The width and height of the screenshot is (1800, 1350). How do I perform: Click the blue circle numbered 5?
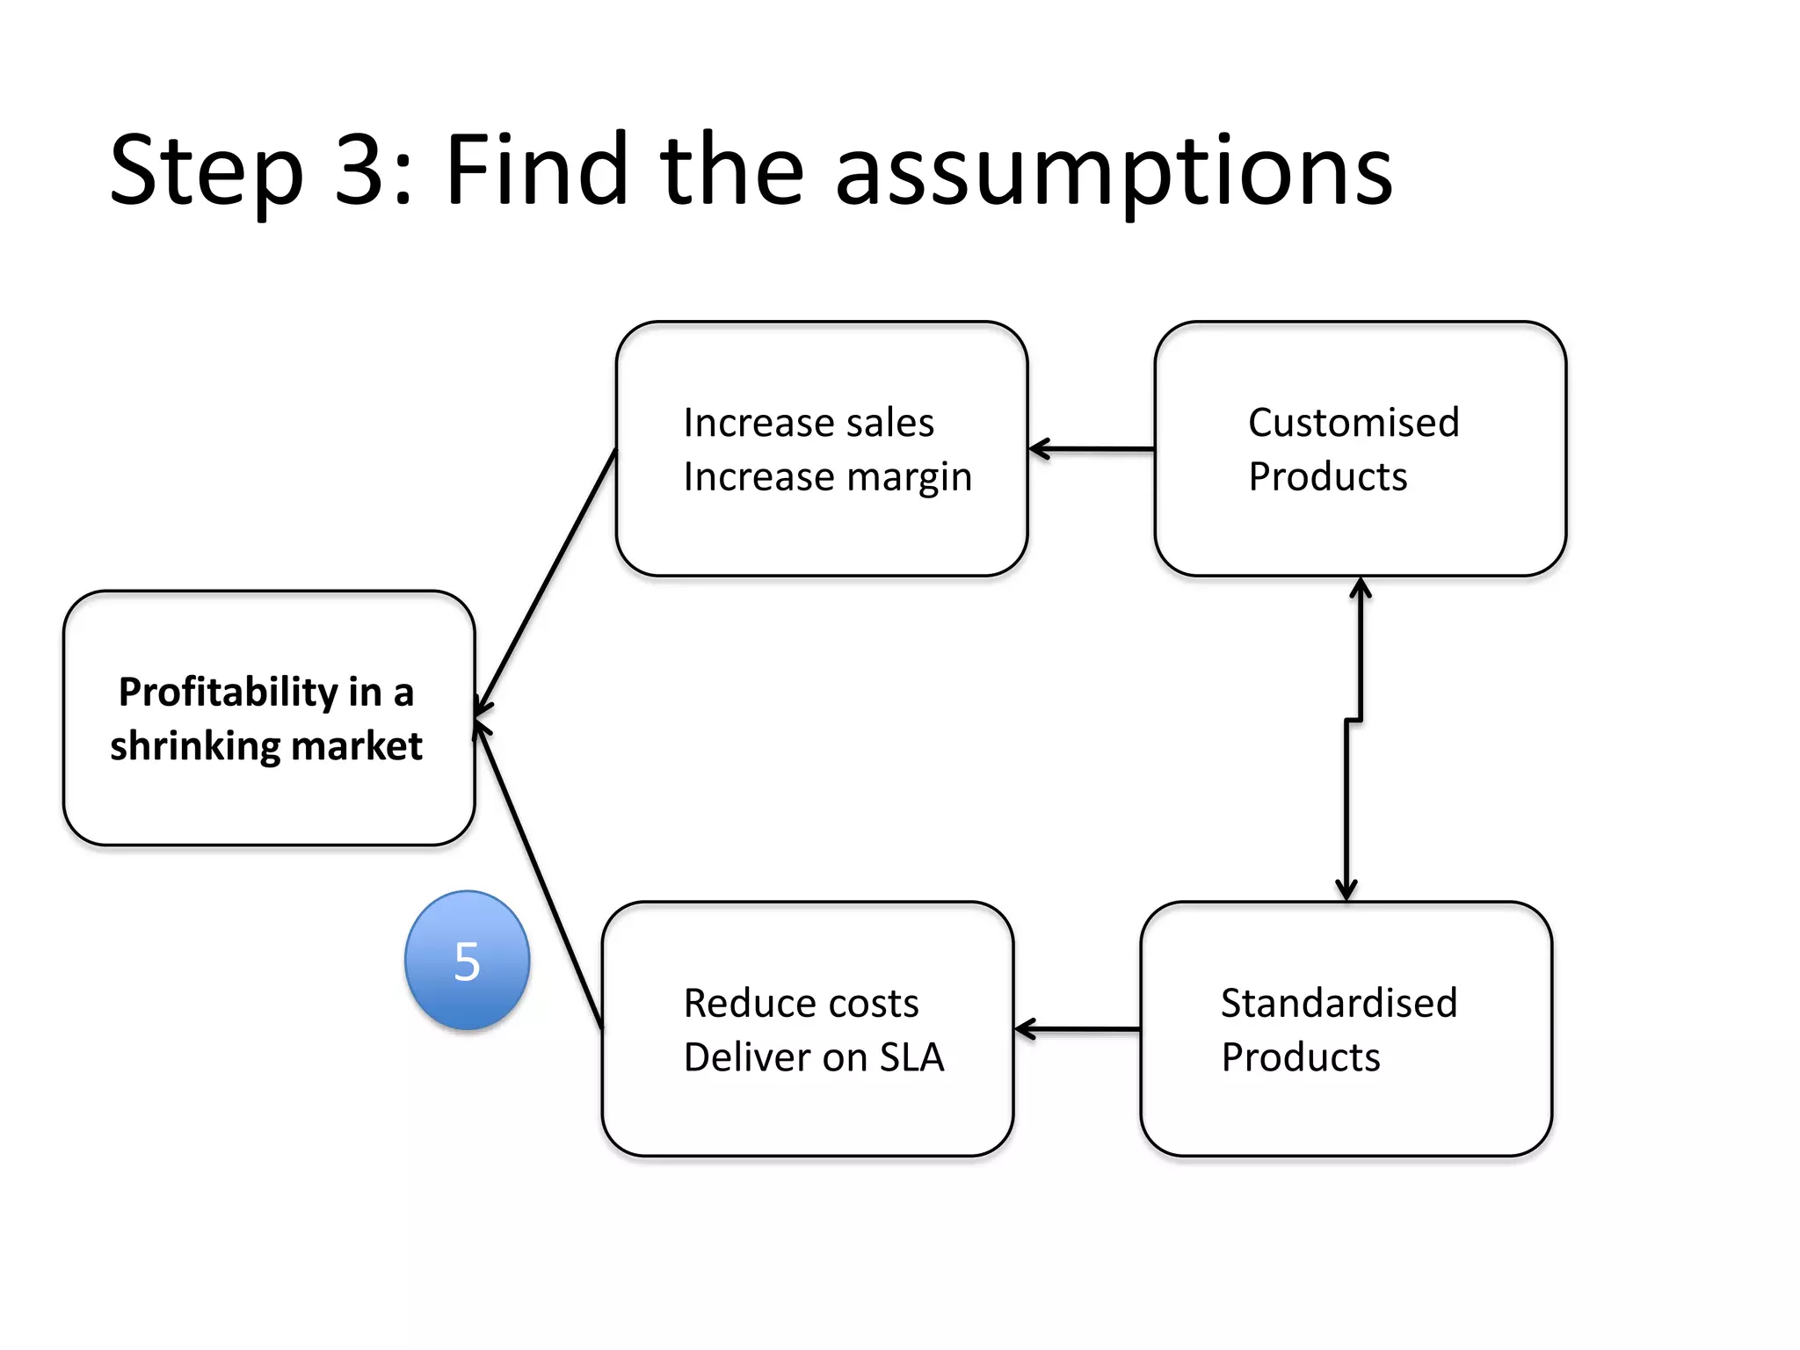point(467,960)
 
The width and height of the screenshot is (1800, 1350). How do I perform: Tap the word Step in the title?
point(207,171)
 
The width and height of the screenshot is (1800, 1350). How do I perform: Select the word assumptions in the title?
point(1113,171)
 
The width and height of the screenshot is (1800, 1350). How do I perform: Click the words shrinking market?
point(265,746)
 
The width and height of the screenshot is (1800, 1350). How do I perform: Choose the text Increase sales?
point(809,423)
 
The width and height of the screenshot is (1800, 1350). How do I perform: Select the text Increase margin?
point(827,477)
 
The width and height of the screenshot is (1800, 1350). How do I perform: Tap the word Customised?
point(1354,423)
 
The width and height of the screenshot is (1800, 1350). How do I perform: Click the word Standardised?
point(1339,1003)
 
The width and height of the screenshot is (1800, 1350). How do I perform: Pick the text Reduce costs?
point(801,1003)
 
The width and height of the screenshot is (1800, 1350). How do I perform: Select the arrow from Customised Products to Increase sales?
point(1092,449)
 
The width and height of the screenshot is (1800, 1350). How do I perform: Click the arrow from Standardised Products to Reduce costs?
point(1078,1028)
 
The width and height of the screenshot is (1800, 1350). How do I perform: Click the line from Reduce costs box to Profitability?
point(538,875)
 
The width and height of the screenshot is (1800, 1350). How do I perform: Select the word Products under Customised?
point(1327,477)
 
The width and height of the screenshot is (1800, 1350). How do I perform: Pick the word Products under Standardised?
point(1301,1057)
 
